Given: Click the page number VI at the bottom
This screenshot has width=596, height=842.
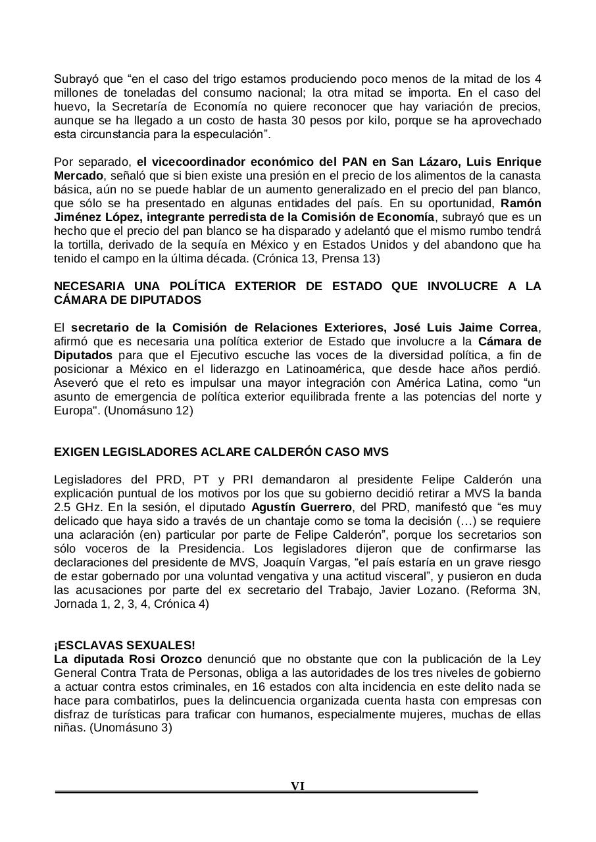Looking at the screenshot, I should (297, 786).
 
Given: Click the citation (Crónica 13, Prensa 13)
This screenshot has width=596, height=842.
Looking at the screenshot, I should (317, 259).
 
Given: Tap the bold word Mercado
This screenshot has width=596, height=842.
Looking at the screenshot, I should (78, 176).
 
